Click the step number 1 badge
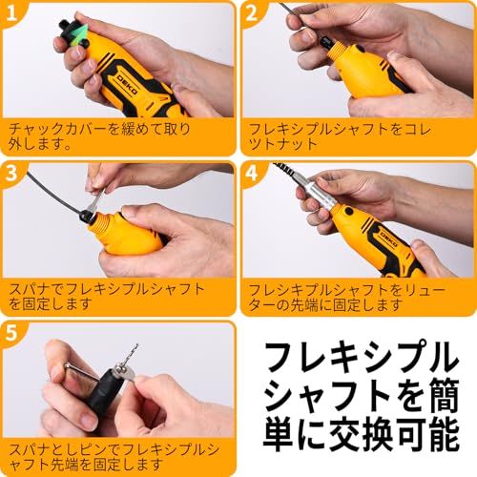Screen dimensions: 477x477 tap(11, 14)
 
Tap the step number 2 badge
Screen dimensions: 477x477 tap(251, 14)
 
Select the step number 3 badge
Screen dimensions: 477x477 tap(11, 175)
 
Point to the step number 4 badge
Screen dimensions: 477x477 tap(251, 175)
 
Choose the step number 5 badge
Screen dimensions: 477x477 tap(11, 334)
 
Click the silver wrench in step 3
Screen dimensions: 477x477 tap(97, 200)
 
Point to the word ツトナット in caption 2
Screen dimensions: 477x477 tap(283, 144)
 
